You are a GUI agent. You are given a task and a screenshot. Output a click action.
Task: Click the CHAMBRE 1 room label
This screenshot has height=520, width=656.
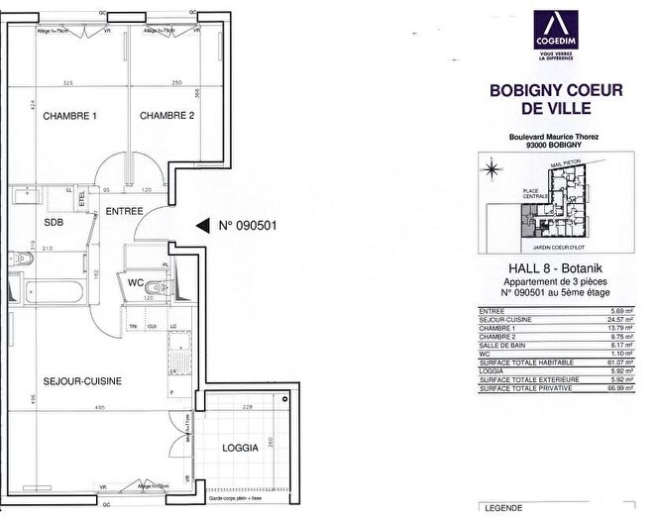click(69, 116)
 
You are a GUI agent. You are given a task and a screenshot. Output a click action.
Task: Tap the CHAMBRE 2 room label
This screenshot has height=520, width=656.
click(166, 116)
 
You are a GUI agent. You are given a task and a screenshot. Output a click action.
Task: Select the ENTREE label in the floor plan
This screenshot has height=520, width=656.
click(125, 210)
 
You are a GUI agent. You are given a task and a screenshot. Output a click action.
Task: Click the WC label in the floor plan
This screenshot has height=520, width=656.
click(135, 282)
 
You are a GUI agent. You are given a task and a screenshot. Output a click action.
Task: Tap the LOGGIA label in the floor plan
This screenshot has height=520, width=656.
click(241, 448)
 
